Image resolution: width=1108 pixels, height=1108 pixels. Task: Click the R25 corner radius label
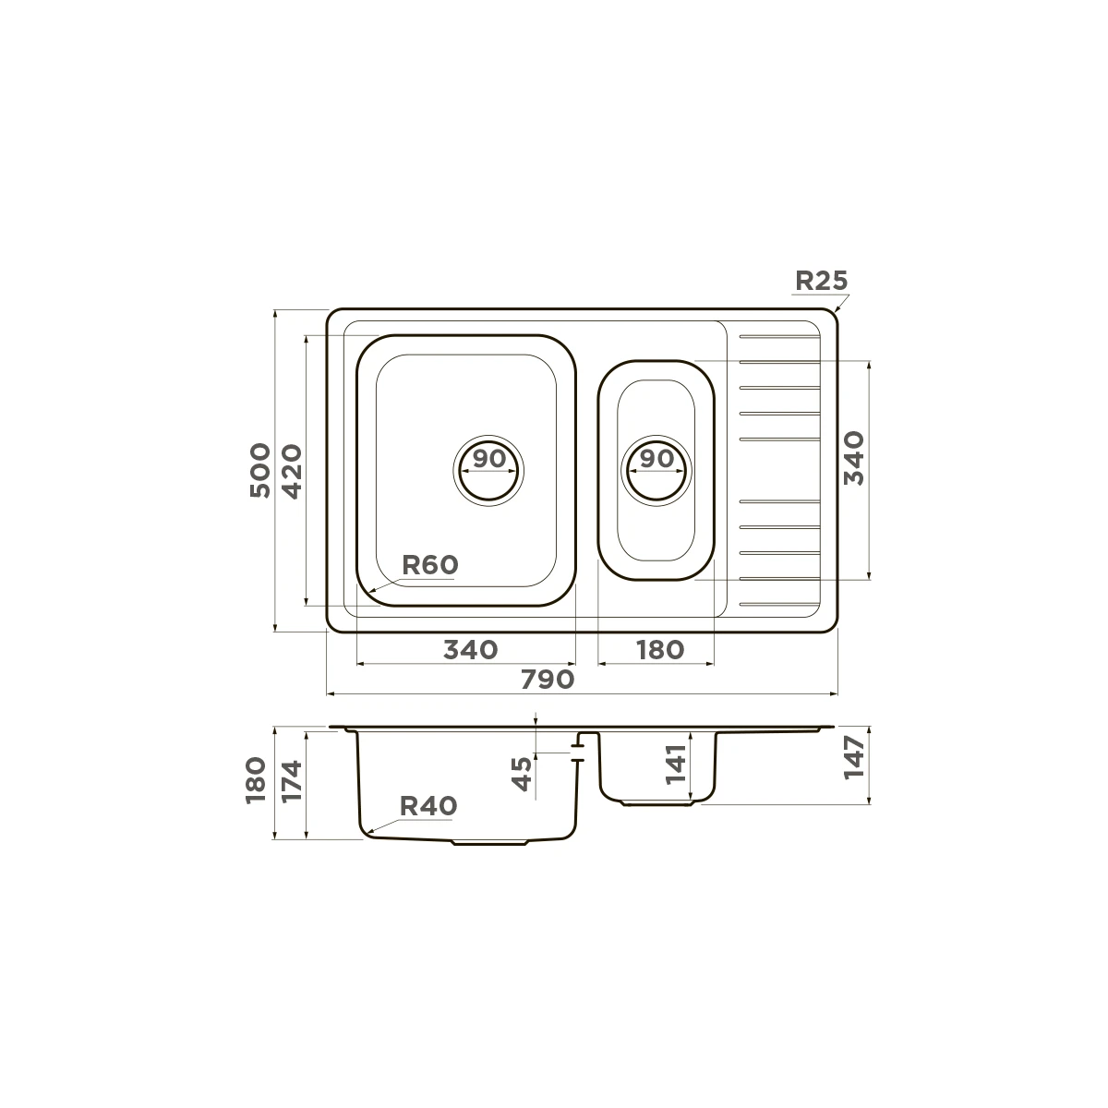tap(821, 281)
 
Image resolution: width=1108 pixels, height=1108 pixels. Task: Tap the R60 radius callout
tap(430, 565)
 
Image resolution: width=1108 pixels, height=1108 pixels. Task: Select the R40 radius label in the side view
tap(428, 806)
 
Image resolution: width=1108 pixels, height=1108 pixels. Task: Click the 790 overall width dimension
tap(548, 680)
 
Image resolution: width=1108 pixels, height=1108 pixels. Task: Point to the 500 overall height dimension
tap(259, 470)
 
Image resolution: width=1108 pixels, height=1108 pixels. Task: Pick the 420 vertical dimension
tap(292, 472)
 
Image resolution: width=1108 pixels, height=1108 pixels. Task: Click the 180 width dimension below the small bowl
tap(660, 650)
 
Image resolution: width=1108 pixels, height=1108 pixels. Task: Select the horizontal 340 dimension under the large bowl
tap(470, 650)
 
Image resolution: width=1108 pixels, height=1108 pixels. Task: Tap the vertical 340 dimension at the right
tap(854, 458)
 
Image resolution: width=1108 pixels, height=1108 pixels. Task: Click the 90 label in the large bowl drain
tap(489, 458)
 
